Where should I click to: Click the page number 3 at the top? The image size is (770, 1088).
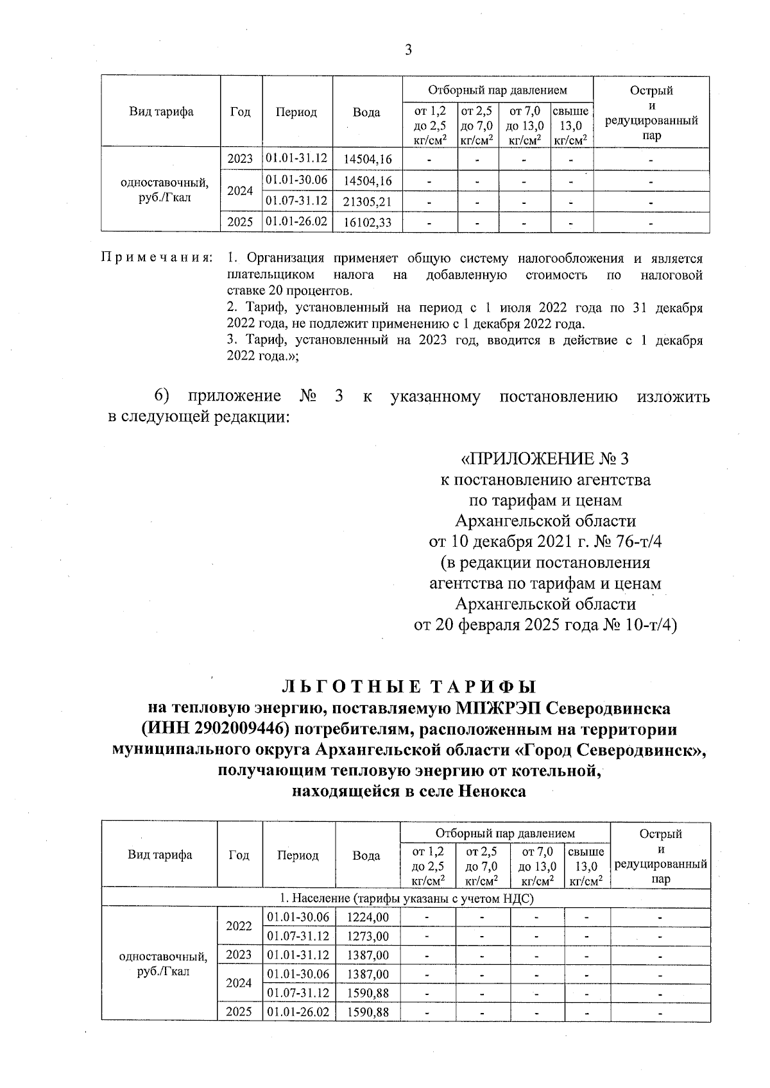pyautogui.click(x=408, y=51)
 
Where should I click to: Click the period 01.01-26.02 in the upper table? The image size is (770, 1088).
pyautogui.click(x=296, y=221)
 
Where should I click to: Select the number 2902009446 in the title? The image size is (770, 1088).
pyautogui.click(x=234, y=729)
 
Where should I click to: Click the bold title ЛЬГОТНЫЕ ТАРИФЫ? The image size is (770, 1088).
pyautogui.click(x=408, y=687)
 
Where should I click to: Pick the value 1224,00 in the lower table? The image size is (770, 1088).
pyautogui.click(x=368, y=917)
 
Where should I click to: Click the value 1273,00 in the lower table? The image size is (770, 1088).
pyautogui.click(x=368, y=936)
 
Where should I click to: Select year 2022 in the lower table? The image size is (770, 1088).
pyautogui.click(x=239, y=926)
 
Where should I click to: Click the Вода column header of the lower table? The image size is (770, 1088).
pyautogui.click(x=366, y=855)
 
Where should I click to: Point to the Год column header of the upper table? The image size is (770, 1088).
pyautogui.click(x=240, y=112)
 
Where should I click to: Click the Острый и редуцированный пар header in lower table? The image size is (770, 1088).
pyautogui.click(x=660, y=856)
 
